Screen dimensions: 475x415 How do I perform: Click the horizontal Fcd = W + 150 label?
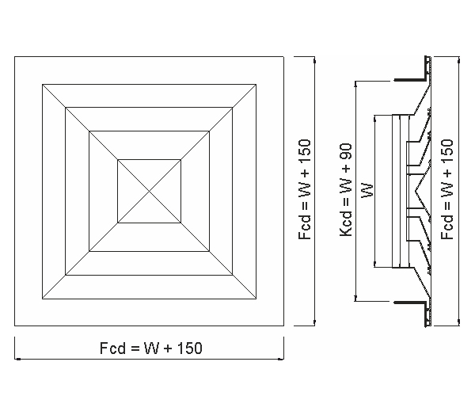pos(151,348)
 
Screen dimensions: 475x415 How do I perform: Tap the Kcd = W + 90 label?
pos(346,190)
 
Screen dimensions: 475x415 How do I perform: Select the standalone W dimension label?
pos(367,190)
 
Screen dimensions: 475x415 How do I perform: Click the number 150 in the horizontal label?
pos(190,348)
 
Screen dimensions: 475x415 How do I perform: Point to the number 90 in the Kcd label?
pos(346,151)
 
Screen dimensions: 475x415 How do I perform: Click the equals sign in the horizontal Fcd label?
pos(135,348)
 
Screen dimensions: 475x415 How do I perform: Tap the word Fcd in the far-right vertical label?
pos(447,227)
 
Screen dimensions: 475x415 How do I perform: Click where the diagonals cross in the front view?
pos(150,192)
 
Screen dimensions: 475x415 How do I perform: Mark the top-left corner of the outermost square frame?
pos(14,57)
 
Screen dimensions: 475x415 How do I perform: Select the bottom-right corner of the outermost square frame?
pos(284,326)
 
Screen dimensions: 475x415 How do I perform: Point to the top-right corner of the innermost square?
pos(180,160)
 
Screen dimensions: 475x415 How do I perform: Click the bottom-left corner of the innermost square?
pos(118,223)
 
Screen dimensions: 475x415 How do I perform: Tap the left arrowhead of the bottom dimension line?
pos(17,359)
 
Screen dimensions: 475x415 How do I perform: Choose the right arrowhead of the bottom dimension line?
pos(281,359)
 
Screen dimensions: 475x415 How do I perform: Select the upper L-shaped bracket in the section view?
pos(412,73)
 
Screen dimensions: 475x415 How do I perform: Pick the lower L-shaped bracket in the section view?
pos(412,310)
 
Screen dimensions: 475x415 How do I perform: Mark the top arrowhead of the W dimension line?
pos(375,119)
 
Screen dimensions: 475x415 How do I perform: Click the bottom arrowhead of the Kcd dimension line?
pos(356,299)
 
